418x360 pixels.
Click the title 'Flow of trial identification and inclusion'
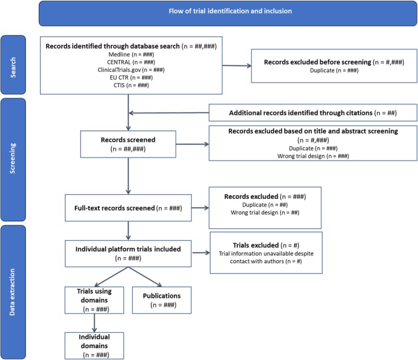click(230, 11)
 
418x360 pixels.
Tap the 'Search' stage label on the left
click(13, 67)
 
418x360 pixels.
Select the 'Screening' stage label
click(12, 159)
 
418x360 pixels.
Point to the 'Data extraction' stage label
click(12, 292)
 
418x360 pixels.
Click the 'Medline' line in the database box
click(131, 54)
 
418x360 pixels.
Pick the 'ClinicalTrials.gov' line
click(131, 70)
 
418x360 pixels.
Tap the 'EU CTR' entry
click(131, 78)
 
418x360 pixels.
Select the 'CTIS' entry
click(131, 86)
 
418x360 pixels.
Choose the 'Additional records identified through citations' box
click(313, 113)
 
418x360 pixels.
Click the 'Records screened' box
click(128, 144)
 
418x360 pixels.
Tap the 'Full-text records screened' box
click(128, 208)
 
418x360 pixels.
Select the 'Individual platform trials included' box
click(128, 254)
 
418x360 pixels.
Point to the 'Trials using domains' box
click(94, 300)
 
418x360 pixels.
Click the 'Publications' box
click(162, 300)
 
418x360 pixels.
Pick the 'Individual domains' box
click(94, 346)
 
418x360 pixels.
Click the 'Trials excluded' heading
click(266, 246)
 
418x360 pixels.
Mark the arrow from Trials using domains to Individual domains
click(94, 323)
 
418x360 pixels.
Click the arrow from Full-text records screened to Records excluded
click(200, 208)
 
